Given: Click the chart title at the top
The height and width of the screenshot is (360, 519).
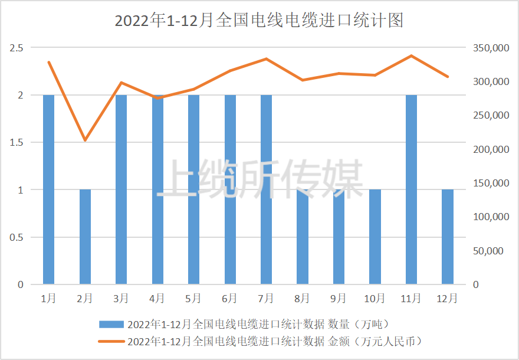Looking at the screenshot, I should (259, 21).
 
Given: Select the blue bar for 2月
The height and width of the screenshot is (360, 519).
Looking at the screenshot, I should (86, 237).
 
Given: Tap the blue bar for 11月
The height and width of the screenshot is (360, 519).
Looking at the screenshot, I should (412, 189).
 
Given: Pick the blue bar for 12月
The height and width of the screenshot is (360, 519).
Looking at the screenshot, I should (448, 237).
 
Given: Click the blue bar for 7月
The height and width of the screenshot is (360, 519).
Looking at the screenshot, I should (267, 189).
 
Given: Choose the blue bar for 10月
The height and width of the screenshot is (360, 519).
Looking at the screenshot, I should (375, 237).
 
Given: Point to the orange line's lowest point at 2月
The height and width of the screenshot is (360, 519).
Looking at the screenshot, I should (86, 140).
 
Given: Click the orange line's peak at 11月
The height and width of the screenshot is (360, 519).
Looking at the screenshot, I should (412, 55).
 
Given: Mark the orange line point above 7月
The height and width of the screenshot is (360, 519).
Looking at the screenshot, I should (267, 59).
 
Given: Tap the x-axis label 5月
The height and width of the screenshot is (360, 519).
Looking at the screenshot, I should (193, 298).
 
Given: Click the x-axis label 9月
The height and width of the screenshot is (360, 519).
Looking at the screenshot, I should (339, 298).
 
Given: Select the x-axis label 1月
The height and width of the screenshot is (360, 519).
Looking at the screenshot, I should (49, 298).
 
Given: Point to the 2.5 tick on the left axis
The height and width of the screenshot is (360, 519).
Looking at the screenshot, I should (17, 48).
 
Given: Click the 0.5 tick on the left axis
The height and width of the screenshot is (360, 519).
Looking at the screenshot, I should (17, 237).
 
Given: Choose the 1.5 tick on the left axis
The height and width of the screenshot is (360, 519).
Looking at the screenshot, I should (17, 142).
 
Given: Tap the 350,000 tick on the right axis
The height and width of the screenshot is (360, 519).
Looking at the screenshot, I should (491, 48).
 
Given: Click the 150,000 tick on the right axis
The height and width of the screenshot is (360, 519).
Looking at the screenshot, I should (491, 183).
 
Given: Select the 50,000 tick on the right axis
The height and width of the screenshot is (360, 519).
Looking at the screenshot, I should (491, 251).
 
